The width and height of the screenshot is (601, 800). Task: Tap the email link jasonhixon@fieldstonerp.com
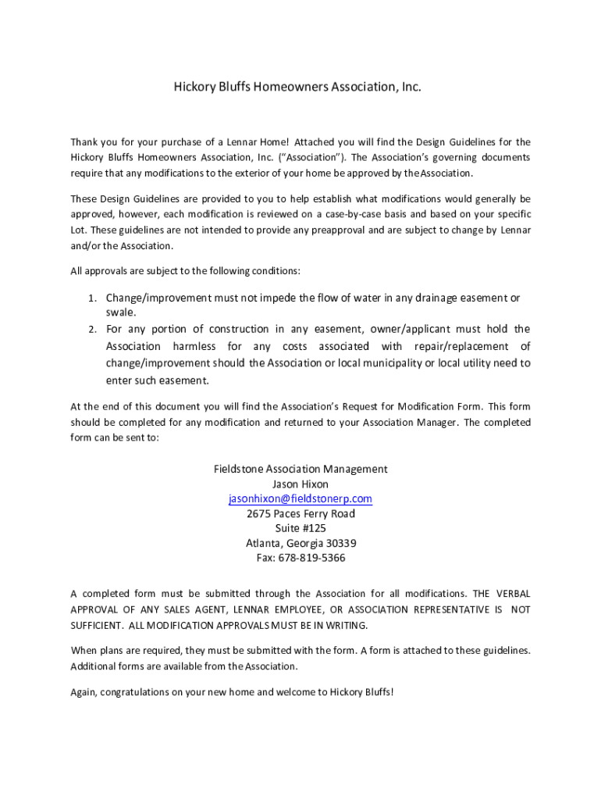[300, 498]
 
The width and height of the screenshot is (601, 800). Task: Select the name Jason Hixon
[300, 484]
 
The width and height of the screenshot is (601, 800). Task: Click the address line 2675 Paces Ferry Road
[300, 513]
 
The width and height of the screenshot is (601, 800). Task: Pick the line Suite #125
[300, 528]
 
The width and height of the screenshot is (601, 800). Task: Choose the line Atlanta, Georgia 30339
[300, 543]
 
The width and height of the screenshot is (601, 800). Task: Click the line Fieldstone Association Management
[300, 469]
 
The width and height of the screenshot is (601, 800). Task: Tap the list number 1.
[91, 298]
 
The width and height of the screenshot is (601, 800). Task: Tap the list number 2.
[91, 329]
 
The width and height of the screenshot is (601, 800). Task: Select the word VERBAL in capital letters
[512, 594]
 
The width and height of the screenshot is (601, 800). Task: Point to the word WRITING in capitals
[347, 626]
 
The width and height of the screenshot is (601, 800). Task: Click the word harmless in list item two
[195, 346]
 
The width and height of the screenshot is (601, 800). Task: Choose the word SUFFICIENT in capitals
[96, 626]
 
